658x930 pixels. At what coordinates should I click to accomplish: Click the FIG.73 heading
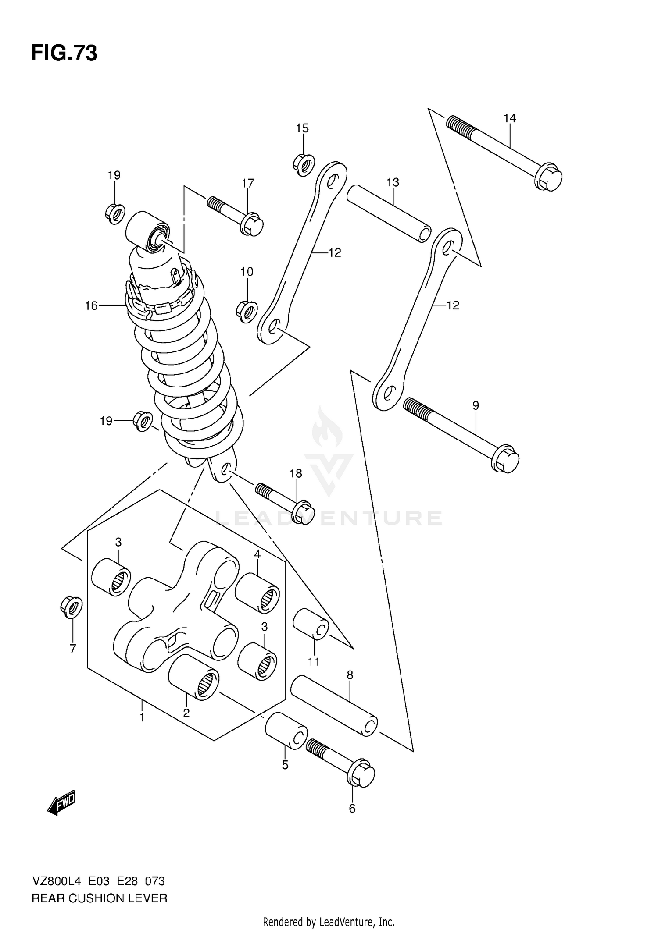coord(64,53)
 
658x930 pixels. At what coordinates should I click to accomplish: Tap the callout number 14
coord(510,118)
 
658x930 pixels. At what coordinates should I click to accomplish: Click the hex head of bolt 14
coord(549,177)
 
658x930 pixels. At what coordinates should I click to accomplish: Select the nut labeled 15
coord(303,165)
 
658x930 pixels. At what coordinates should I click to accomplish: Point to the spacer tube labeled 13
coord(389,213)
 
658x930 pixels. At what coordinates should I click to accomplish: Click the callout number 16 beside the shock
coord(91,305)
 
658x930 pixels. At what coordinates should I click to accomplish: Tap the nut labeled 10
coord(247,311)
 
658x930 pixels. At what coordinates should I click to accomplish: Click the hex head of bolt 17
coord(252,224)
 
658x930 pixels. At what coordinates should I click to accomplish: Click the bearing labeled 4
coord(257,592)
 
